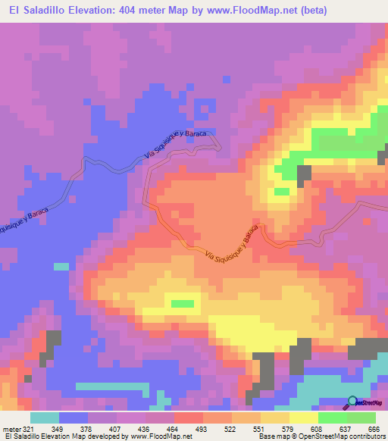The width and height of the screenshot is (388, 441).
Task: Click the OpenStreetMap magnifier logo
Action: (354, 402)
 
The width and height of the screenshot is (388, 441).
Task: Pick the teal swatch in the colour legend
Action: (45, 418)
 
